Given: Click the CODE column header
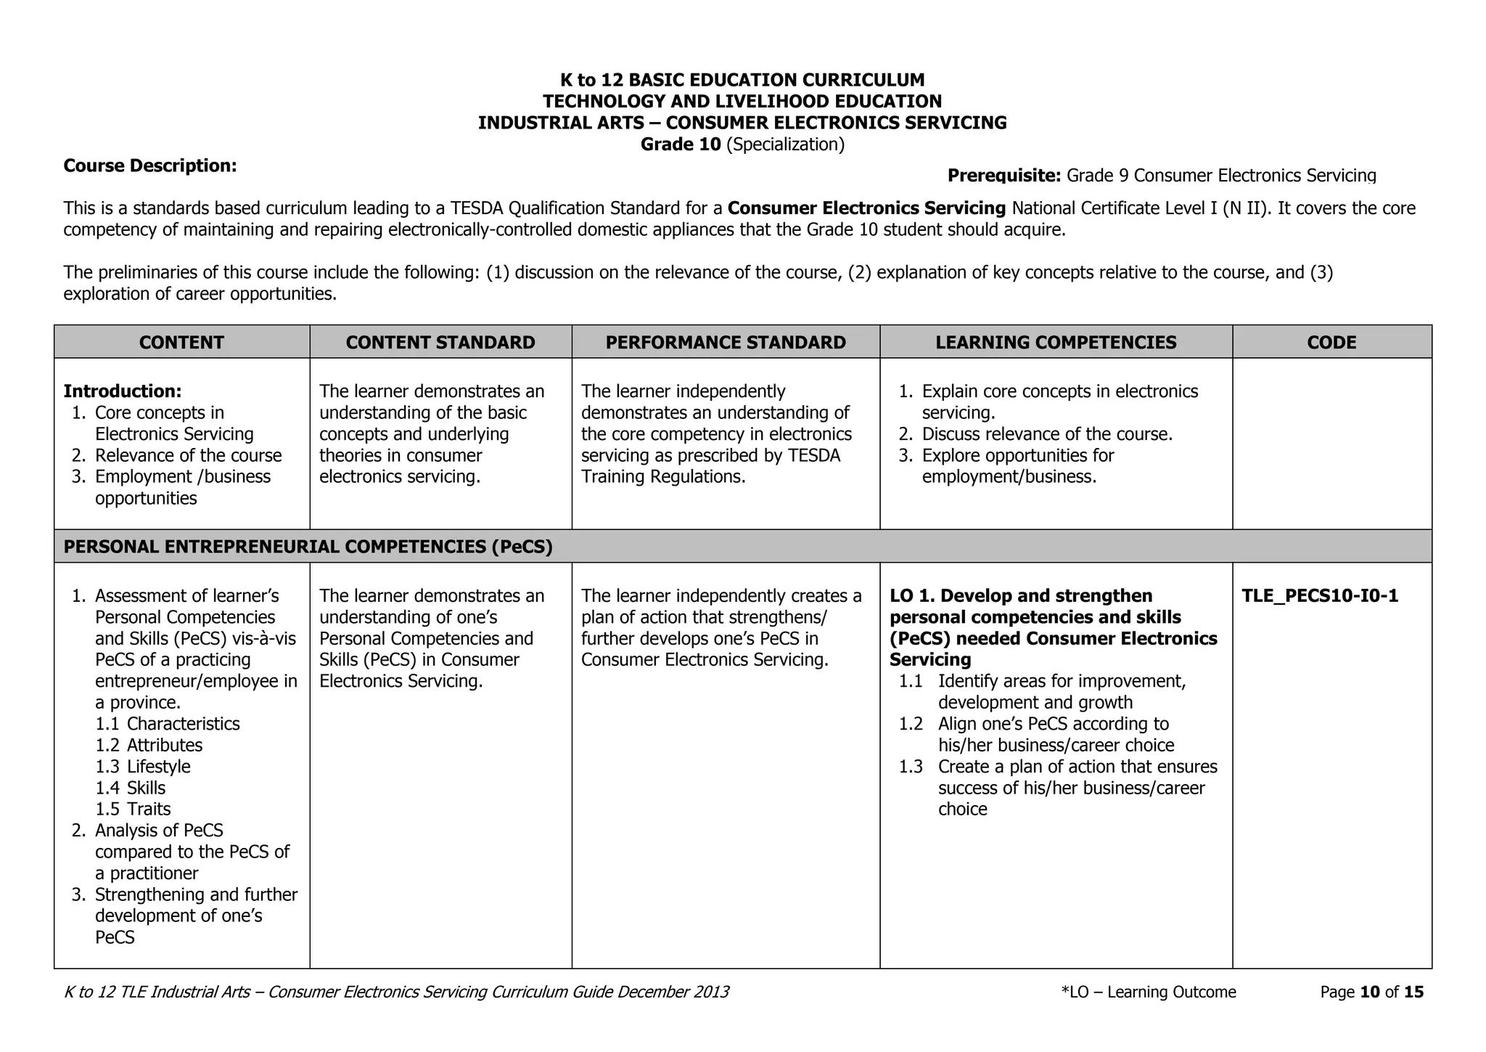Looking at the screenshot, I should pyautogui.click(x=1331, y=342).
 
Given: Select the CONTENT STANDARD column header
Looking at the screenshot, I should pyautogui.click(x=440, y=342).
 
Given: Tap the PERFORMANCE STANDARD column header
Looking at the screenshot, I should pyautogui.click(x=726, y=342).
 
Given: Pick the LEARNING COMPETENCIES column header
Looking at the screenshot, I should pyautogui.click(x=1056, y=342).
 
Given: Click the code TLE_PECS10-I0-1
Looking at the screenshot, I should pyautogui.click(x=1320, y=596).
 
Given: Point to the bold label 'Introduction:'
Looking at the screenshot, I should pyautogui.click(x=123, y=391).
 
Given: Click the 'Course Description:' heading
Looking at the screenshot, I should pyautogui.click(x=150, y=166).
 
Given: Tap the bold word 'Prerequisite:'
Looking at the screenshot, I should pyautogui.click(x=1004, y=176).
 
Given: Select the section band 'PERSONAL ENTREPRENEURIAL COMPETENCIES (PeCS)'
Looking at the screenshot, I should pyautogui.click(x=308, y=547).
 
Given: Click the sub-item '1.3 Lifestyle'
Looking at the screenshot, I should pyautogui.click(x=143, y=767).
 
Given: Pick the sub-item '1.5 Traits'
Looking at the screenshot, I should pyautogui.click(x=134, y=810).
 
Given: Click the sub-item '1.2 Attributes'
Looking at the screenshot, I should pyautogui.click(x=149, y=746).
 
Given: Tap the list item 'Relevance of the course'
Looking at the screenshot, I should pyautogui.click(x=188, y=455).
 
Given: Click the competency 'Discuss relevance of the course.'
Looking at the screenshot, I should pyautogui.click(x=1046, y=434).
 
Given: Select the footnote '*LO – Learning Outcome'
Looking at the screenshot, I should pyautogui.click(x=1148, y=992).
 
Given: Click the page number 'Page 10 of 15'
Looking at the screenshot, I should pyautogui.click(x=1371, y=992).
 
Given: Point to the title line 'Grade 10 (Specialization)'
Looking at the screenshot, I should pyautogui.click(x=742, y=144).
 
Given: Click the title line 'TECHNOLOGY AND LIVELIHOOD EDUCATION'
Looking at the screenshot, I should pyautogui.click(x=742, y=102).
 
